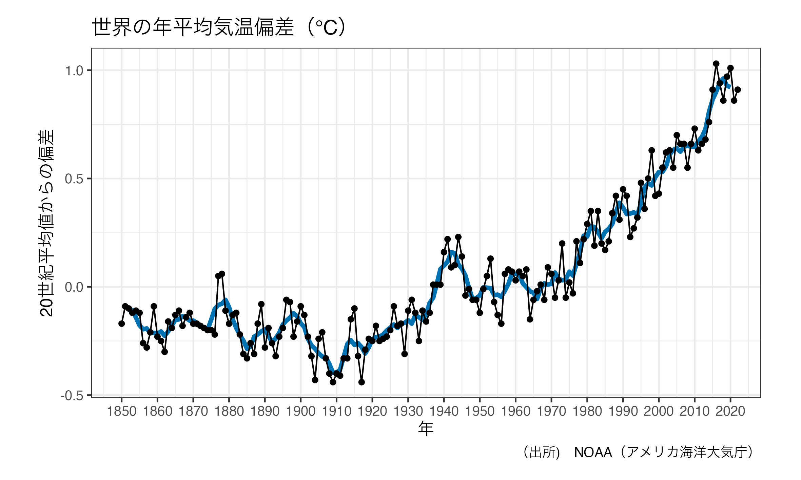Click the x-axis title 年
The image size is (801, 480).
point(426,429)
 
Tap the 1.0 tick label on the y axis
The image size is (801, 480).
point(74,71)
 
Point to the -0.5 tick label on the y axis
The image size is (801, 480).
point(72,396)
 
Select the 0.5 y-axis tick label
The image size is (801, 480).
point(74,179)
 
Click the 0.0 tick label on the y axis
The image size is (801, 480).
point(74,287)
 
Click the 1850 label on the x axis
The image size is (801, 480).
point(121,412)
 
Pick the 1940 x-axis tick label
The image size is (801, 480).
point(444,412)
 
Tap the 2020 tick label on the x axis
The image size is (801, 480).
point(730,412)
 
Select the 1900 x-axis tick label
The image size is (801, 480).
point(300,412)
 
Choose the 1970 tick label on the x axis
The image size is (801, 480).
point(551,412)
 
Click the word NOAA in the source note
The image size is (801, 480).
point(593,453)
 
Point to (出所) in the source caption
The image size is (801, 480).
point(541,453)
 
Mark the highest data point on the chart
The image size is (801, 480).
point(716,64)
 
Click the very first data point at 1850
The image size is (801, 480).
point(121,324)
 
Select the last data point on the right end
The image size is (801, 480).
point(738,90)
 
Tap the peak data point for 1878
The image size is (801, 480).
point(222,274)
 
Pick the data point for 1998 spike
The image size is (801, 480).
point(651,150)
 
